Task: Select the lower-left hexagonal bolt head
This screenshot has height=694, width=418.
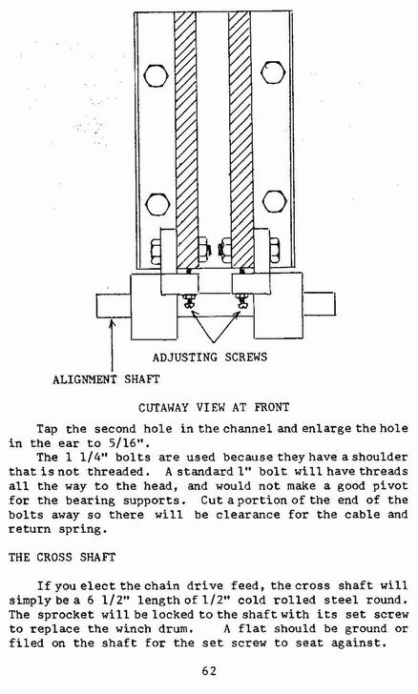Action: (x=157, y=204)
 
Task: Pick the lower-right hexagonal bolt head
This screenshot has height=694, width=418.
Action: (x=274, y=202)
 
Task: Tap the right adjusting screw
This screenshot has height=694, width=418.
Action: (x=241, y=300)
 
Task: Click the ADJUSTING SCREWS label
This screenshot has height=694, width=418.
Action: (x=210, y=357)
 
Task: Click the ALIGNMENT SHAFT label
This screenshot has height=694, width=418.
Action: (x=106, y=379)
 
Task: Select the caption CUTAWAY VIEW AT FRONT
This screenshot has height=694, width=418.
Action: (x=214, y=407)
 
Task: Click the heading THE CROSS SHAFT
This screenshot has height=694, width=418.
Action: (x=62, y=557)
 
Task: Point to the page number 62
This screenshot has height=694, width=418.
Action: (x=209, y=671)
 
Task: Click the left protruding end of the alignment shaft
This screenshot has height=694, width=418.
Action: (x=114, y=306)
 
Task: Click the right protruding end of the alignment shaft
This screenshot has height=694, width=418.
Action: (x=319, y=303)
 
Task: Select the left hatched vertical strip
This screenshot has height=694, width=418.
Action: (x=186, y=140)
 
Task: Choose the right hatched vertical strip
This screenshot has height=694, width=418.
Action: (x=241, y=140)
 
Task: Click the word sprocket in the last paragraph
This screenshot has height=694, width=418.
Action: (x=66, y=615)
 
